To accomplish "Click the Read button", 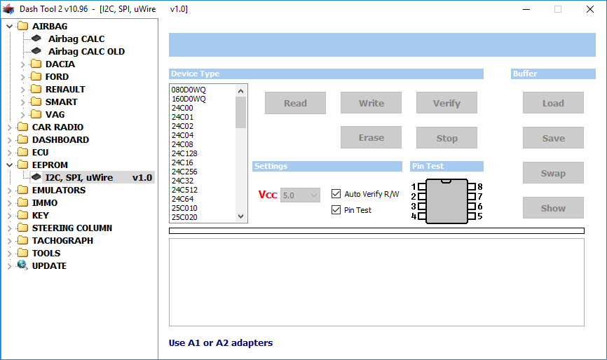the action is pyautogui.click(x=295, y=103).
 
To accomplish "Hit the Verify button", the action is pyautogui.click(x=446, y=103).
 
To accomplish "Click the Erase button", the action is pyautogui.click(x=371, y=138).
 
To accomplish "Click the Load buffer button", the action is pyautogui.click(x=553, y=103).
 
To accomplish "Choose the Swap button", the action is pyautogui.click(x=553, y=173).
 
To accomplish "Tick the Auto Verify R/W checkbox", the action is pyautogui.click(x=336, y=194).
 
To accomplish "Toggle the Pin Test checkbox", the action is pyautogui.click(x=336, y=210).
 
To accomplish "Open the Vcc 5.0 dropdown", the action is pyautogui.click(x=300, y=195).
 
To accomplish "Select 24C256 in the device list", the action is pyautogui.click(x=184, y=172).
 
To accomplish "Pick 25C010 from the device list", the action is pyautogui.click(x=184, y=208).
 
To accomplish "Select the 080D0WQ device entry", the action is pyautogui.click(x=189, y=90).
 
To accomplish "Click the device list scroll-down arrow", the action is pyautogui.click(x=241, y=216).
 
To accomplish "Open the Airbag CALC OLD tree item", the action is pyautogui.click(x=86, y=51).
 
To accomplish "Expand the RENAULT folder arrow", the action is pyautogui.click(x=23, y=90).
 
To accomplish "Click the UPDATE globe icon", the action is pyautogui.click(x=22, y=265).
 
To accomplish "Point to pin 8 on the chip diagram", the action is pyautogui.click(x=472, y=187).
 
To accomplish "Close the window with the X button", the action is pyautogui.click(x=590, y=9).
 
